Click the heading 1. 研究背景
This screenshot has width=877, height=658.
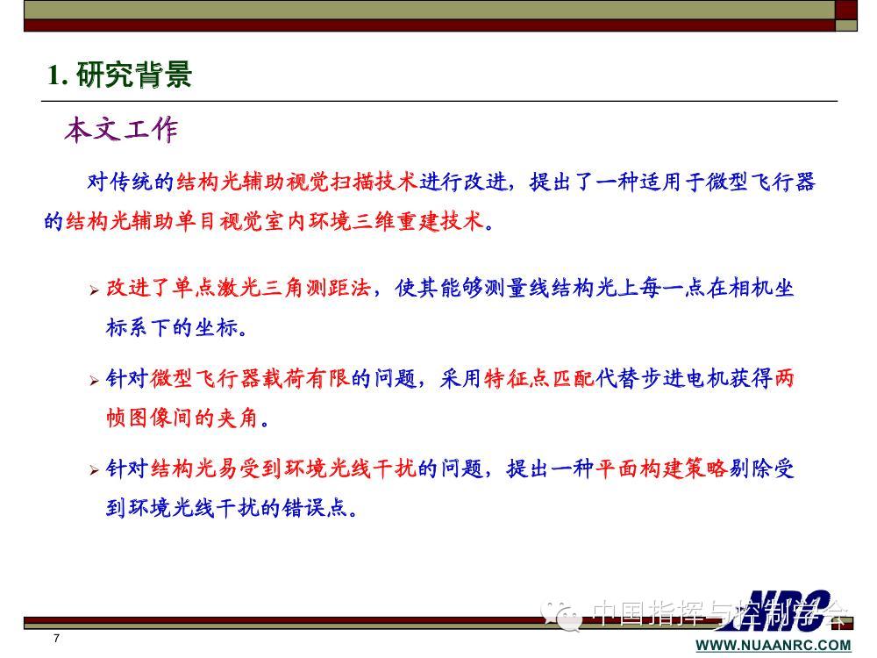[119, 75]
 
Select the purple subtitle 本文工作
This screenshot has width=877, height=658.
[121, 130]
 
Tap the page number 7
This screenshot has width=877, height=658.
[56, 638]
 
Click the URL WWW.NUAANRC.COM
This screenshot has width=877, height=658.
[774, 645]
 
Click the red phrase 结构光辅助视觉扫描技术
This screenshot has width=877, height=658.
[297, 182]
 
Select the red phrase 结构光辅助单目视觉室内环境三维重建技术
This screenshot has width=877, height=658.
[275, 222]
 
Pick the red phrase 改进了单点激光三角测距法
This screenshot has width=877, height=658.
[239, 288]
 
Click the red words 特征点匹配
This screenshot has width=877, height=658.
[539, 378]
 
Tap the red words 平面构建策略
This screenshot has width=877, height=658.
[661, 468]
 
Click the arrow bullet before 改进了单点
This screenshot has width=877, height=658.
[94, 290]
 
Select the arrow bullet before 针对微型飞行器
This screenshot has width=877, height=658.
[94, 381]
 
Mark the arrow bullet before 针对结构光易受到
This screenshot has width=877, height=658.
[94, 470]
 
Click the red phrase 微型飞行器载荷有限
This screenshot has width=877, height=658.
[250, 378]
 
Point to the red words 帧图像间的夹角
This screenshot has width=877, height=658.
[182, 418]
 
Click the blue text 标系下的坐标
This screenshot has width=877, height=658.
[172, 327]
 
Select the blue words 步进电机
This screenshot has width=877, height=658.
[683, 378]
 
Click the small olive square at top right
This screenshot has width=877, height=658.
[846, 25]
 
